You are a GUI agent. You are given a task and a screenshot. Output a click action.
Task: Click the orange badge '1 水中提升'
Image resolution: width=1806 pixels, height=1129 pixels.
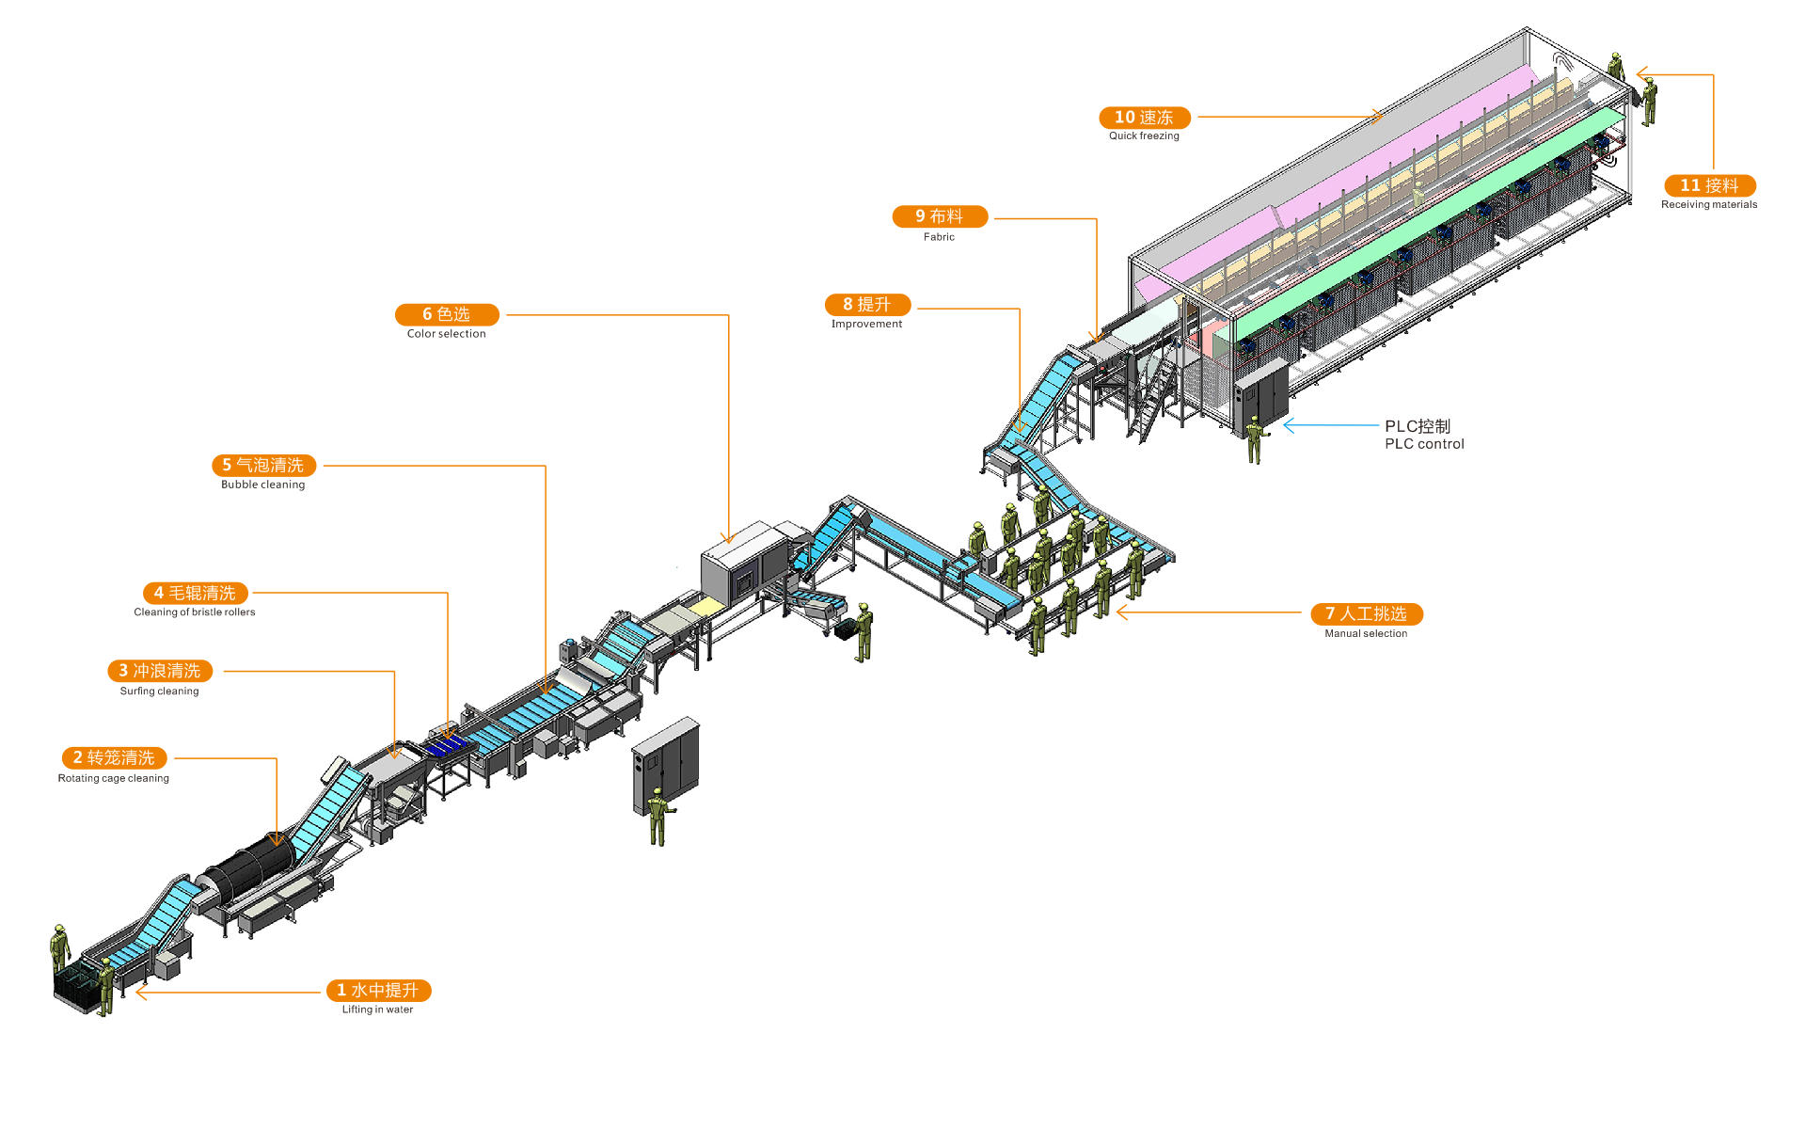click(x=378, y=990)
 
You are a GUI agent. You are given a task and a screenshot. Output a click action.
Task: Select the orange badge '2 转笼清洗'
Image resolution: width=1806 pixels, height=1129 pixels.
click(x=114, y=757)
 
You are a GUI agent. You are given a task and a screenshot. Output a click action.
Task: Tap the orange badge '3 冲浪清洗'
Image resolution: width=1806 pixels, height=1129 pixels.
click(x=160, y=671)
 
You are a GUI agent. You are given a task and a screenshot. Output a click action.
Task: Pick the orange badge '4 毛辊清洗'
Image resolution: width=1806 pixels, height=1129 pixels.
click(x=196, y=593)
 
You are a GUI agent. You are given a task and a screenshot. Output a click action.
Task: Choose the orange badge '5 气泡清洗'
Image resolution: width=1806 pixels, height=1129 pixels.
click(x=263, y=465)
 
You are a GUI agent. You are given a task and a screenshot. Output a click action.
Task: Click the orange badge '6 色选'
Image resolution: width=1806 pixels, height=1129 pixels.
click(x=447, y=314)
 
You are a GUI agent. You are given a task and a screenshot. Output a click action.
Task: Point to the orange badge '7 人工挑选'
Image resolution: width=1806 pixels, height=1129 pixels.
click(x=1367, y=613)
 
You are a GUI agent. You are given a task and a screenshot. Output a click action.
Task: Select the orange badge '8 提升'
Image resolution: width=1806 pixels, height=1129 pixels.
click(x=867, y=305)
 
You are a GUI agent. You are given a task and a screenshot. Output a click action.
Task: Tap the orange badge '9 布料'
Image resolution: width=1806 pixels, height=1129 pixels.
click(x=940, y=216)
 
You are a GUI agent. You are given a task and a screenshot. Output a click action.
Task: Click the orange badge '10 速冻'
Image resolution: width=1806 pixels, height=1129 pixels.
click(x=1145, y=118)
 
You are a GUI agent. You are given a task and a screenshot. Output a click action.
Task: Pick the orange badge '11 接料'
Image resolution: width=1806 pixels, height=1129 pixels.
click(x=1709, y=185)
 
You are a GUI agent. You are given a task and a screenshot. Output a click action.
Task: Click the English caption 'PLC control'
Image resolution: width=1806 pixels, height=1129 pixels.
click(x=1424, y=444)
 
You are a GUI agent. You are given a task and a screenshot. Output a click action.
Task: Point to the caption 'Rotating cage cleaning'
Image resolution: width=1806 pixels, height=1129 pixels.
click(x=114, y=778)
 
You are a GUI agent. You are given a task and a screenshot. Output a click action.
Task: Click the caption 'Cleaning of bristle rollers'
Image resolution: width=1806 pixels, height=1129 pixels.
click(x=195, y=612)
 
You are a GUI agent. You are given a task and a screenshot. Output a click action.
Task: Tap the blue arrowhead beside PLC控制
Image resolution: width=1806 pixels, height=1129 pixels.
click(x=1289, y=425)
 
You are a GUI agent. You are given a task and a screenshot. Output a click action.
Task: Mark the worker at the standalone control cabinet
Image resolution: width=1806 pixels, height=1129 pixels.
click(x=657, y=816)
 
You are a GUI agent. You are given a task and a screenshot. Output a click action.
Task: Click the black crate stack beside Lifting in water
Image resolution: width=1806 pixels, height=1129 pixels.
click(x=78, y=986)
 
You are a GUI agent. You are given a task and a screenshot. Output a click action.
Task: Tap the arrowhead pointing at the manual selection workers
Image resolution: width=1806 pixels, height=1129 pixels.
click(x=1122, y=612)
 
